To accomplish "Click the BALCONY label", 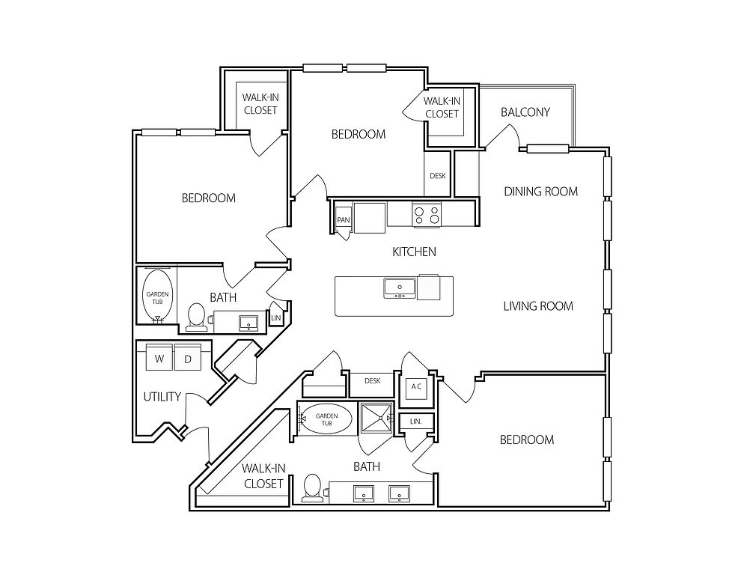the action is click(x=525, y=112).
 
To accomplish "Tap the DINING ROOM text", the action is click(x=540, y=192).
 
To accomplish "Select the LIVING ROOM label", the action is click(x=537, y=305).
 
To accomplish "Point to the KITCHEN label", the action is click(x=414, y=252).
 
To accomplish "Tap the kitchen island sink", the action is click(x=399, y=287).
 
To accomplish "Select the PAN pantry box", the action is click(x=344, y=220).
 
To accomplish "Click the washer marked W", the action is click(x=159, y=359).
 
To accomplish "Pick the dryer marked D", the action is click(x=189, y=359).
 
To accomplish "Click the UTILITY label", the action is click(x=162, y=397).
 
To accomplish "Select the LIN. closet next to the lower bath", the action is click(x=415, y=422).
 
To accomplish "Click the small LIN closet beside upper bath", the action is click(x=275, y=317).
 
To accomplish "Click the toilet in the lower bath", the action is click(x=311, y=488).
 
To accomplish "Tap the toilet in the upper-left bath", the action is click(x=197, y=316).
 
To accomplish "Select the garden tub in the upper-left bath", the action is click(x=156, y=297).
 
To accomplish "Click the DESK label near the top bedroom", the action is click(x=438, y=176).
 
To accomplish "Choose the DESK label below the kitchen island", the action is click(x=373, y=381).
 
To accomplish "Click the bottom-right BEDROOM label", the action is click(x=527, y=439).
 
